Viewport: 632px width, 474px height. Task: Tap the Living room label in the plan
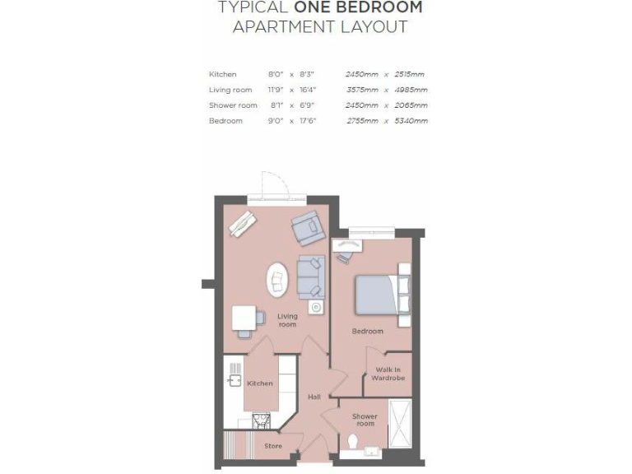coord(287,320)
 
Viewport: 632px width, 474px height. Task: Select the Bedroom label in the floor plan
coord(367,332)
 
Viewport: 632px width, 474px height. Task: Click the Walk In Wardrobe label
coord(390,374)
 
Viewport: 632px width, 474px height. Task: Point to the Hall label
coord(314,397)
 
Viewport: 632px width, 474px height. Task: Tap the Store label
coord(273,446)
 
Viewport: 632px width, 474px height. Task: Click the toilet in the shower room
coord(352,443)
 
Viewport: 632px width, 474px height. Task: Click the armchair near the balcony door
coord(305,227)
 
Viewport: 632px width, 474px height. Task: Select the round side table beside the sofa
coord(314,307)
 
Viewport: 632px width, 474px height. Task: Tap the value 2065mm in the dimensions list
coord(412,105)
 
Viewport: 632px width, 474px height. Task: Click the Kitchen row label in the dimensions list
coord(223,74)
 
